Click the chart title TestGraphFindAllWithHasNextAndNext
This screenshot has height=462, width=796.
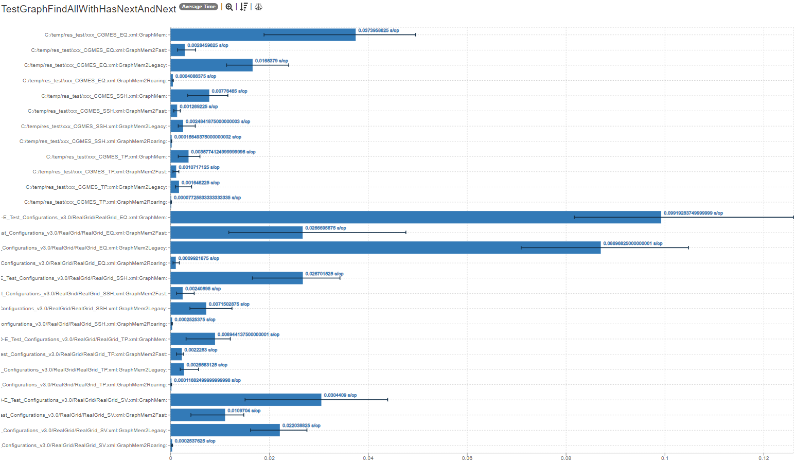(89, 9)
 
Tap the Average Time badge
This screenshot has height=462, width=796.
(199, 7)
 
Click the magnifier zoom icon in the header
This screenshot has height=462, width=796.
(229, 7)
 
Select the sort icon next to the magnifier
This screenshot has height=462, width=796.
(244, 7)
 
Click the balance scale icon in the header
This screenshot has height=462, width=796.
(258, 7)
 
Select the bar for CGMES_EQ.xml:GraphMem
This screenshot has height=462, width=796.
(262, 35)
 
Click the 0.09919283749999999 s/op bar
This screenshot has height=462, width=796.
(415, 217)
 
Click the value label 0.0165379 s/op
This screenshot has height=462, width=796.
(271, 61)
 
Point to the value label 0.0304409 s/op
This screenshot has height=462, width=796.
(340, 395)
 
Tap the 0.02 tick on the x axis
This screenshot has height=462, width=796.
(269, 458)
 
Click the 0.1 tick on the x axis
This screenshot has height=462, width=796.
(665, 458)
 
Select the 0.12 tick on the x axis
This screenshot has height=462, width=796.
(764, 458)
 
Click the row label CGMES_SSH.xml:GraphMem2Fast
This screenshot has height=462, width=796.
(98, 111)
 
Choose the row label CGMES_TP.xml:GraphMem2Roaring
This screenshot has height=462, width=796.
(96, 202)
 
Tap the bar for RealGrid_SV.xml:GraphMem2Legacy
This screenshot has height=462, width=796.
(225, 430)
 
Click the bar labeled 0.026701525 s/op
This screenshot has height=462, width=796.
(236, 278)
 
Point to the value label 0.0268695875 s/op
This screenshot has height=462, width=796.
(325, 228)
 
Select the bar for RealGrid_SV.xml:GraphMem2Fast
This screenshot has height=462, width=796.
(198, 415)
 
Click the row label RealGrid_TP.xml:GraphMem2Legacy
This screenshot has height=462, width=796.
(84, 370)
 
